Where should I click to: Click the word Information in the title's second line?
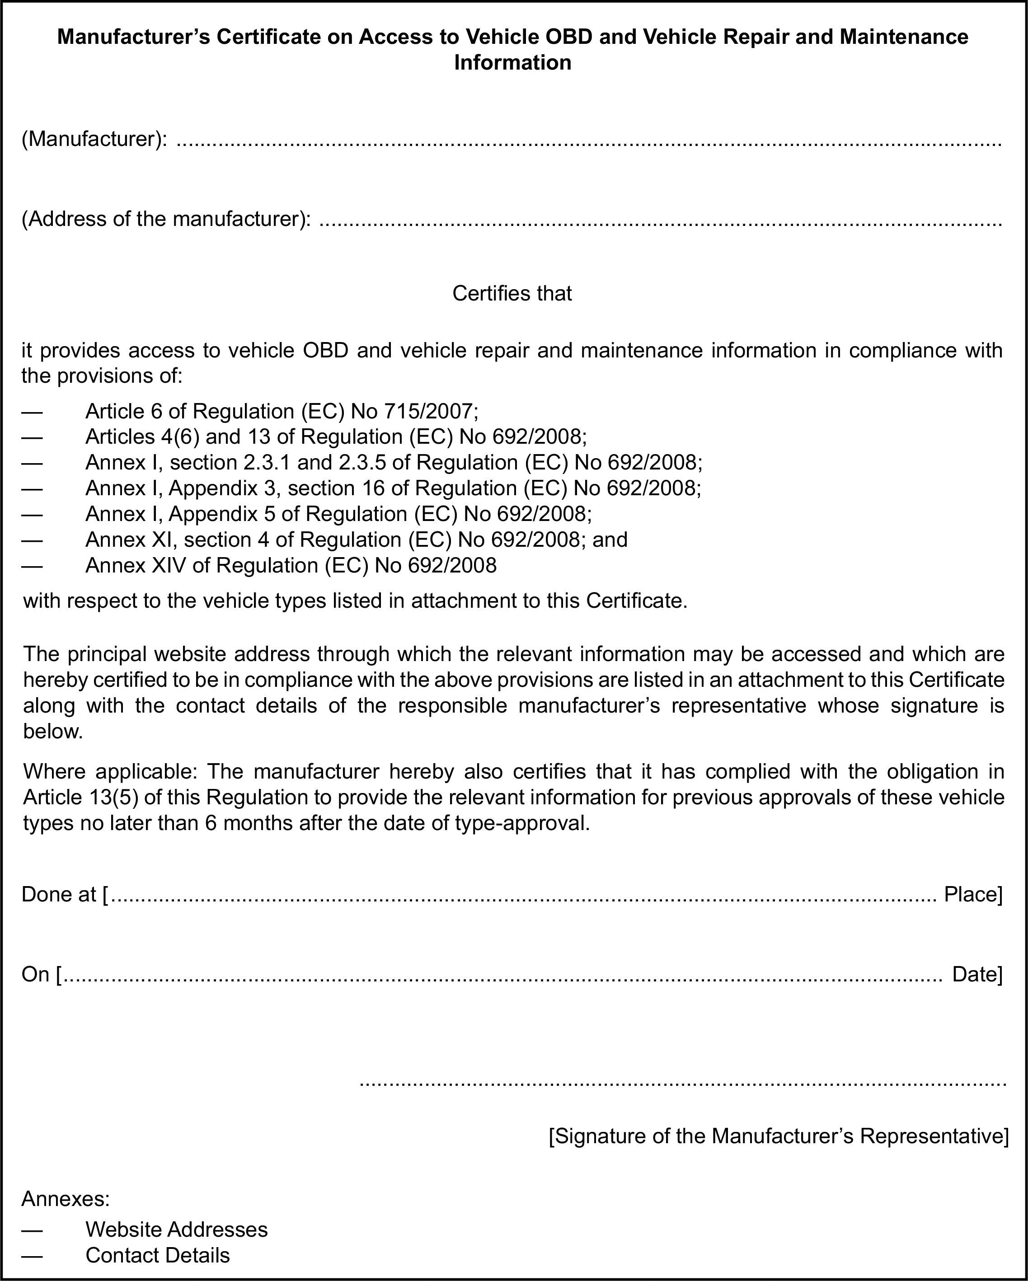point(512,62)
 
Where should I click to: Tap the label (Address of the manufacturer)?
point(166,219)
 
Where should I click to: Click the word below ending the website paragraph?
point(53,732)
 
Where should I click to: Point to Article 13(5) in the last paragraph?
point(81,798)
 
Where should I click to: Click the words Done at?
point(59,894)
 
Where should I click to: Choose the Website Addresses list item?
point(177,1229)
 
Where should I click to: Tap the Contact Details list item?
point(157,1255)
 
